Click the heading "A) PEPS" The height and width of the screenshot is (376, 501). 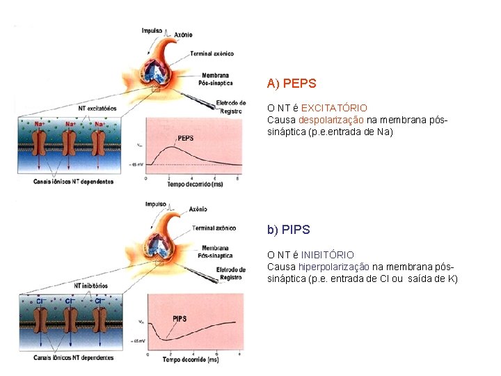click(292, 84)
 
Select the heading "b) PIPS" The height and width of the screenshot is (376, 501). click(289, 230)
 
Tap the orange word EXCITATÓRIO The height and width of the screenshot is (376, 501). click(334, 109)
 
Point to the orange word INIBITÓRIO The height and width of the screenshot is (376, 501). click(327, 256)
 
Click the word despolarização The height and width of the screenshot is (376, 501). click(331, 120)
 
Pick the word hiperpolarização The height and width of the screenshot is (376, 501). click(334, 267)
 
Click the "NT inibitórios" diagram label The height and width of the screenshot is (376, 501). click(91, 285)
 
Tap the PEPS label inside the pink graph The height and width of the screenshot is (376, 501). click(185, 138)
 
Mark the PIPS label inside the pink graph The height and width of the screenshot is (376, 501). click(180, 318)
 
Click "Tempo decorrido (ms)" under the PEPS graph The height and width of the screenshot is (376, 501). click(189, 185)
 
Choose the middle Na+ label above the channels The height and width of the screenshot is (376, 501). click(70, 124)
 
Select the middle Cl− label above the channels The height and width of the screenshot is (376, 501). click(70, 301)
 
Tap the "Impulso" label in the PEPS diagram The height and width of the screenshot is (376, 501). click(152, 31)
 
